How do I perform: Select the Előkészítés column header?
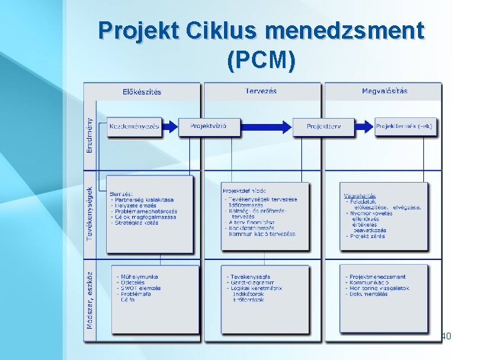click(141, 91)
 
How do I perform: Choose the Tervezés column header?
click(261, 91)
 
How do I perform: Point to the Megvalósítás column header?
click(385, 91)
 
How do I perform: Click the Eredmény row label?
click(90, 135)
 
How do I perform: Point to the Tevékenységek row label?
click(90, 213)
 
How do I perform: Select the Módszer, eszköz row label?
click(90, 300)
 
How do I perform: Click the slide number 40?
click(447, 336)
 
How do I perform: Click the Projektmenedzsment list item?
click(378, 277)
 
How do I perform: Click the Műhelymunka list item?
click(141, 277)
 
